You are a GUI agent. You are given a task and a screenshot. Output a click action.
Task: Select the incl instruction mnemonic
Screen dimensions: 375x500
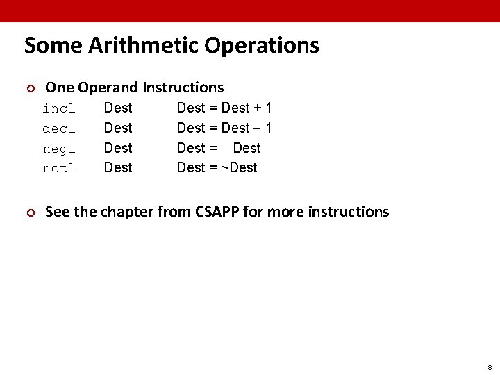point(59,109)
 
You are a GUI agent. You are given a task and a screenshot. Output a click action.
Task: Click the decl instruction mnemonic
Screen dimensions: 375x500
point(59,128)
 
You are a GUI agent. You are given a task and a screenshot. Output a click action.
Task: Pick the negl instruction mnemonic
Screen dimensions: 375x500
point(59,148)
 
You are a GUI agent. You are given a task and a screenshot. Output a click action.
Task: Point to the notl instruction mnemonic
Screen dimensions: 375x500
point(59,168)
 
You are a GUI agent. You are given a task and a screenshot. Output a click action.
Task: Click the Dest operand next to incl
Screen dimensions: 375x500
point(117,108)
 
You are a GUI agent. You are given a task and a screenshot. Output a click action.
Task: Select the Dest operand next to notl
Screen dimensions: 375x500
point(117,167)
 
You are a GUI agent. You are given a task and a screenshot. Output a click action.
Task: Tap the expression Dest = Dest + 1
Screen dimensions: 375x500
point(224,108)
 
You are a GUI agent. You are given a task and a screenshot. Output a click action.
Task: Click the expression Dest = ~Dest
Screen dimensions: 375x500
point(217,167)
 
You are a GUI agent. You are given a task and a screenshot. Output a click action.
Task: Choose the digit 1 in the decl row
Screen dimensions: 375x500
point(268,128)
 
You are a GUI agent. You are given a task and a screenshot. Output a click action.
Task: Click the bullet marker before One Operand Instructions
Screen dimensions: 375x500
point(29,88)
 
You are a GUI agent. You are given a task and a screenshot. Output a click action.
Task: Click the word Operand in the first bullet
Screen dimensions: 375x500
point(109,87)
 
